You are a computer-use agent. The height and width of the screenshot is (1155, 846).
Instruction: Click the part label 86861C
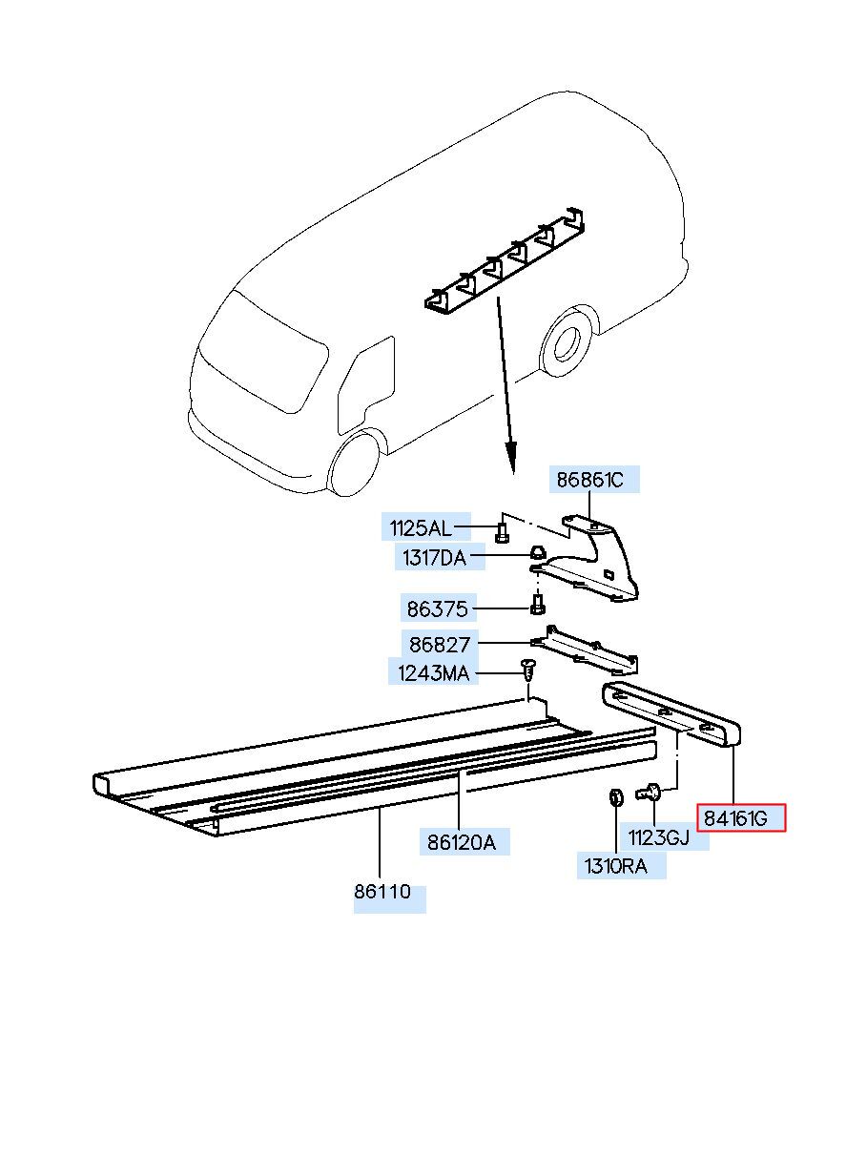(590, 480)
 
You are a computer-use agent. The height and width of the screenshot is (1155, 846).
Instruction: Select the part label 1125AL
(419, 527)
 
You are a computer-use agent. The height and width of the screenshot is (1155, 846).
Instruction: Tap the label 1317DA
(433, 558)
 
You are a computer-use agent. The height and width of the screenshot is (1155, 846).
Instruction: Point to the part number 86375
(438, 607)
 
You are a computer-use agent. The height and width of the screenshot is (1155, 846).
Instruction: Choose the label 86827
(438, 645)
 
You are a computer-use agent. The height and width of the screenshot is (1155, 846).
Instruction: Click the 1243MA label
(434, 673)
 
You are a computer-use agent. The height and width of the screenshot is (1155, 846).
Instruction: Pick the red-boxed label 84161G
(740, 818)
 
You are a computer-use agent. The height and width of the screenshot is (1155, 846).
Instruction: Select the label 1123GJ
(658, 838)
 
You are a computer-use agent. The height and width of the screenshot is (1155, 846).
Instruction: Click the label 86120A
(462, 842)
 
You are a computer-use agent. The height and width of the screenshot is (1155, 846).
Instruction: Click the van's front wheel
(354, 464)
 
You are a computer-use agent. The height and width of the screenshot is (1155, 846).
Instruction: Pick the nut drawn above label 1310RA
(616, 797)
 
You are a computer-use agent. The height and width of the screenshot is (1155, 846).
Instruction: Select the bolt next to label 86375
(537, 605)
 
